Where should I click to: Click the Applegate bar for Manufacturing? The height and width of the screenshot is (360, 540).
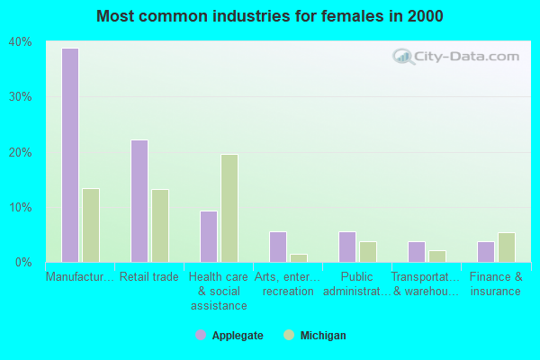70,155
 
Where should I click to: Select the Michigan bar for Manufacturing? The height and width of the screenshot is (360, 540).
91,225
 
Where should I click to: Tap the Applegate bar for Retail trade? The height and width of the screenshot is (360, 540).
139,201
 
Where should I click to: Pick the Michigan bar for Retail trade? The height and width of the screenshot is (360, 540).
160,226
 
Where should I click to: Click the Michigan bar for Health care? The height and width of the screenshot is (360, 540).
229,208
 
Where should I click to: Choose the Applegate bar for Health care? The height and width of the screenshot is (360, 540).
209,236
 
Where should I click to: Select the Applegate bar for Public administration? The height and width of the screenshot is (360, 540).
347,247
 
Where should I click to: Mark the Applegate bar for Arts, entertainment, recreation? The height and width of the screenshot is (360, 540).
278,247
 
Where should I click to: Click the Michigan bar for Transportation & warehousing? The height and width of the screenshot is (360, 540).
437,256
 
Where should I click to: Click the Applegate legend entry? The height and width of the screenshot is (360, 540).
229,336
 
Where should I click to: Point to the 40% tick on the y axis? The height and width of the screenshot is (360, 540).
21,42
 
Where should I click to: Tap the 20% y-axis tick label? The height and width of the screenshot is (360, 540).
21,152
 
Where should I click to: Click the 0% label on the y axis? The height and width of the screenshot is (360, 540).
23,263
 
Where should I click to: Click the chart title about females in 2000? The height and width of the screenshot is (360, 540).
270,16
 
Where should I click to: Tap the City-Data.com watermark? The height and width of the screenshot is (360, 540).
454,56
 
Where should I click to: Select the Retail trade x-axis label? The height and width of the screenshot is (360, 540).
149,277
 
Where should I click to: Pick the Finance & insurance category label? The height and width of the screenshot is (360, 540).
496,284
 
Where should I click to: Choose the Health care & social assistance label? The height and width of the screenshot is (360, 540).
219,292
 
